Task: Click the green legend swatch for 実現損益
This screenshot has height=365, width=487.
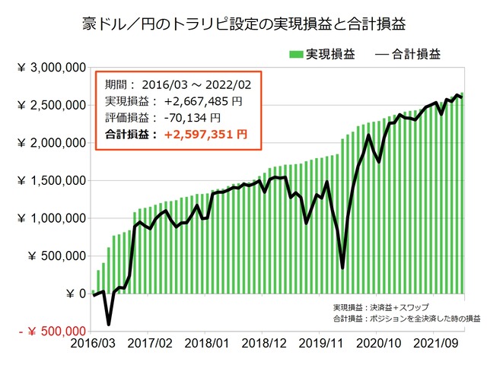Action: pos(296,54)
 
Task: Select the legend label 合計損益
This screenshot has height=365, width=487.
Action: pos(418,54)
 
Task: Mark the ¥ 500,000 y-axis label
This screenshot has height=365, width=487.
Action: pos(56,256)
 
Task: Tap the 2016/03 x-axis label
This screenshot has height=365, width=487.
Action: pos(93,344)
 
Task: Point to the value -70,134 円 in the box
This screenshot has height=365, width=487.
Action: pos(187,118)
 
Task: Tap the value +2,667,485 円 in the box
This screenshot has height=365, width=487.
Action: pos(198,102)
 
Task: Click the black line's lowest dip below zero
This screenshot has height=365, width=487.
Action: pos(109,324)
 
